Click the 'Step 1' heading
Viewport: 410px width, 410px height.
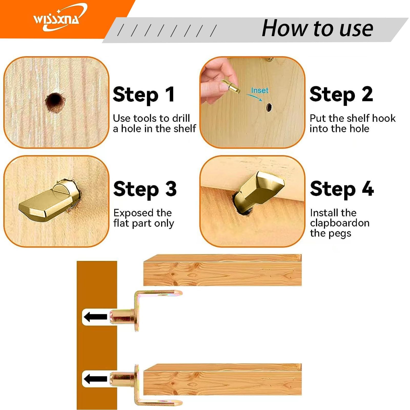click(x=144, y=95)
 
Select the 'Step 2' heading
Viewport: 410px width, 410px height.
click(x=341, y=95)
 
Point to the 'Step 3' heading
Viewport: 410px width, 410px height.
click(x=145, y=189)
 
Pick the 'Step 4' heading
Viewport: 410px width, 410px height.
click(x=342, y=189)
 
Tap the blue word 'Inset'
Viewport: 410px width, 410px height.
click(x=260, y=90)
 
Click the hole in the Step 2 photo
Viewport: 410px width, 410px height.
click(x=269, y=107)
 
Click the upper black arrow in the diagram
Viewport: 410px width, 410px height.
click(x=95, y=317)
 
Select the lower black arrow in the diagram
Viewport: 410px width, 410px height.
click(x=95, y=379)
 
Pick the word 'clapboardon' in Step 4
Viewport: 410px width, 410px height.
click(x=340, y=223)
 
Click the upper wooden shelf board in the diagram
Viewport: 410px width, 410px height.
click(x=222, y=270)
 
